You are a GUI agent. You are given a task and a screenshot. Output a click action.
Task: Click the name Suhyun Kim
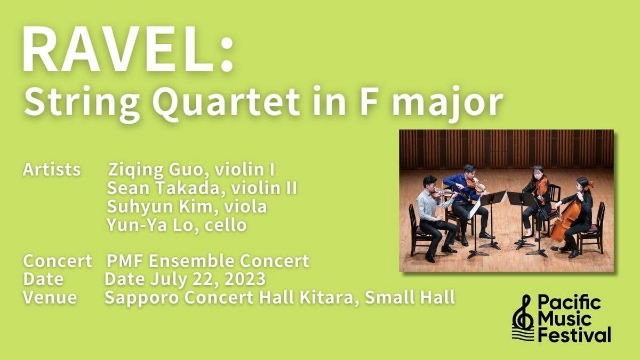tap(159, 207)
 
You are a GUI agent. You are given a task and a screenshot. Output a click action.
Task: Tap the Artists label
tap(52, 170)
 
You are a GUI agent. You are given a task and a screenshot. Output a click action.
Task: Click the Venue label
tap(50, 298)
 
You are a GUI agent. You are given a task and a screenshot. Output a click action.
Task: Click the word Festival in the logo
tap(574, 334)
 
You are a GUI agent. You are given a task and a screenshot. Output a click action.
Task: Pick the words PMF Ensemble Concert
tap(207, 261)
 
